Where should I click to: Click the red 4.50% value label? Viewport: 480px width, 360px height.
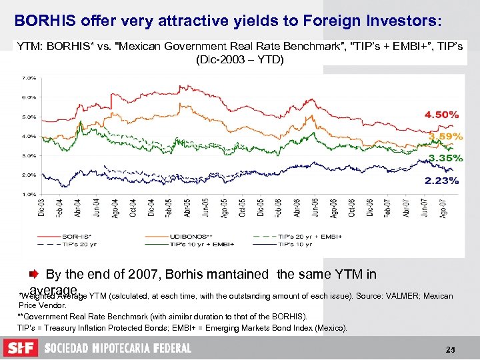(x=441, y=114)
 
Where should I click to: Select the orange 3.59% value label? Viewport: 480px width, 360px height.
(x=444, y=136)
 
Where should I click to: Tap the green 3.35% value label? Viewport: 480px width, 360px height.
(x=445, y=158)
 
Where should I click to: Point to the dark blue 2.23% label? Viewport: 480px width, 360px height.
(x=441, y=180)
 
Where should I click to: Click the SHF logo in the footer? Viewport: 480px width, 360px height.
(x=21, y=348)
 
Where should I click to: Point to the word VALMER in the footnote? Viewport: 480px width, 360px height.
(x=381, y=295)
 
